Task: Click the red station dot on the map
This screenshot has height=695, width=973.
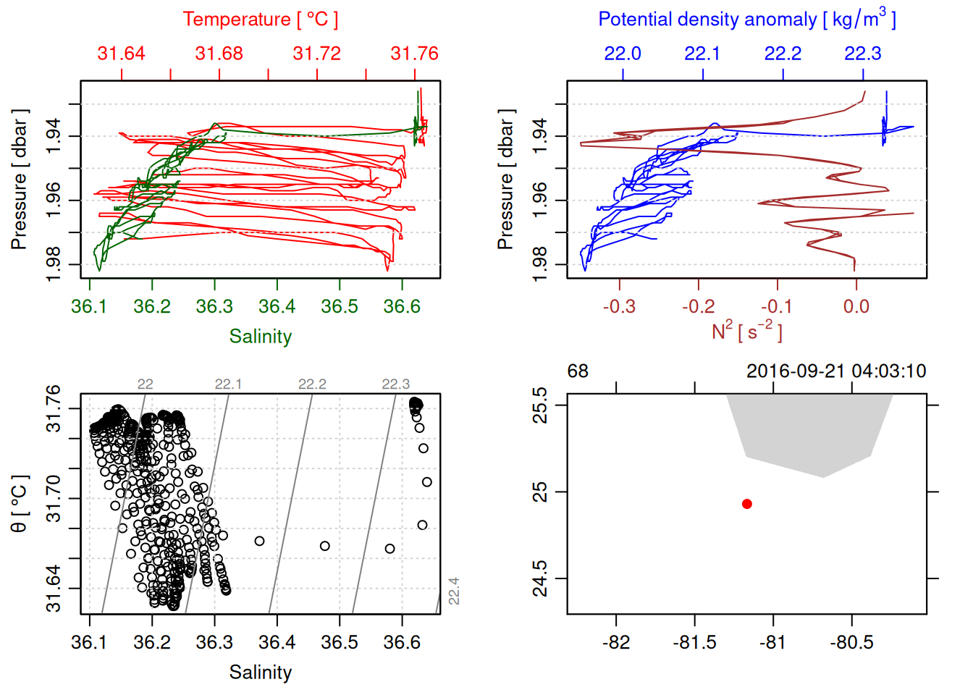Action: (x=746, y=504)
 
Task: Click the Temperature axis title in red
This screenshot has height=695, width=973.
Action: (x=260, y=20)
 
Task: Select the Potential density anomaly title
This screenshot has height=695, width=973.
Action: (x=746, y=19)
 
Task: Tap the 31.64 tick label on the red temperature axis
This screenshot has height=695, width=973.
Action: (x=121, y=54)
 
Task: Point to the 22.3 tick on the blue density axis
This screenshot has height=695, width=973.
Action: (x=863, y=54)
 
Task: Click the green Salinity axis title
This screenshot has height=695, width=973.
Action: (x=260, y=336)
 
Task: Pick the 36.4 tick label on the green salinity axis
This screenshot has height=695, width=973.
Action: (x=277, y=306)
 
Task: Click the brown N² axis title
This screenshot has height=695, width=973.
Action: (x=746, y=332)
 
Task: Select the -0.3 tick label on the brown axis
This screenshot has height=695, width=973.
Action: (x=619, y=306)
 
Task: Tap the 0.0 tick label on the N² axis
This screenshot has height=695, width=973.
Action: (x=856, y=306)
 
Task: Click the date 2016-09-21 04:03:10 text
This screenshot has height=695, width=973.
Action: (x=836, y=371)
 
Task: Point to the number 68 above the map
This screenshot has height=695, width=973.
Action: (x=578, y=371)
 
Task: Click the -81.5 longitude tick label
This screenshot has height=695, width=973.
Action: (x=695, y=642)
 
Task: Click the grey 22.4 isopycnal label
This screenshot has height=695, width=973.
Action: (x=454, y=591)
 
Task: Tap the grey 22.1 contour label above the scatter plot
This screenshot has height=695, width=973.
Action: (x=228, y=384)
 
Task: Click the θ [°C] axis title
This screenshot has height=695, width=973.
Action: (x=20, y=504)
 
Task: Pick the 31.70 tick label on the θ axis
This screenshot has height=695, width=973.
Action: (x=54, y=499)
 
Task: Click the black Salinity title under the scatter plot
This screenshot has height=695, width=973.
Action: (x=260, y=673)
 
